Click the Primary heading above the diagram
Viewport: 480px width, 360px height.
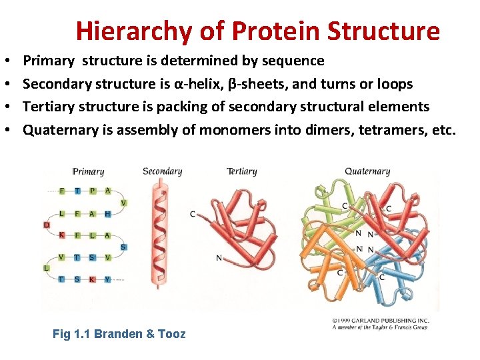click(x=89, y=171)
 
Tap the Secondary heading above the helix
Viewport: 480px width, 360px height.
click(x=162, y=171)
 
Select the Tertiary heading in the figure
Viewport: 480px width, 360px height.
click(x=241, y=171)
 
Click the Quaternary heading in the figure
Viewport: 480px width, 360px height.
click(x=367, y=171)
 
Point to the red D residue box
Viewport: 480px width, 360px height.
click(x=47, y=225)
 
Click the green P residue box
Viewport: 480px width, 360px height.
click(x=92, y=191)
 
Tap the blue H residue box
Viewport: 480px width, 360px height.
click(x=107, y=213)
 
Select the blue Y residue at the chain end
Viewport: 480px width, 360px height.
click(x=107, y=279)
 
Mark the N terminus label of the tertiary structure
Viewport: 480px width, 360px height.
click(x=218, y=257)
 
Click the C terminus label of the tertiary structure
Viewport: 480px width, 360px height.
click(x=192, y=214)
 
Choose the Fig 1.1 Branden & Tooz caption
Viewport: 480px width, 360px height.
click(x=119, y=334)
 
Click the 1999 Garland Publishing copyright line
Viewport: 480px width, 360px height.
click(x=380, y=321)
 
